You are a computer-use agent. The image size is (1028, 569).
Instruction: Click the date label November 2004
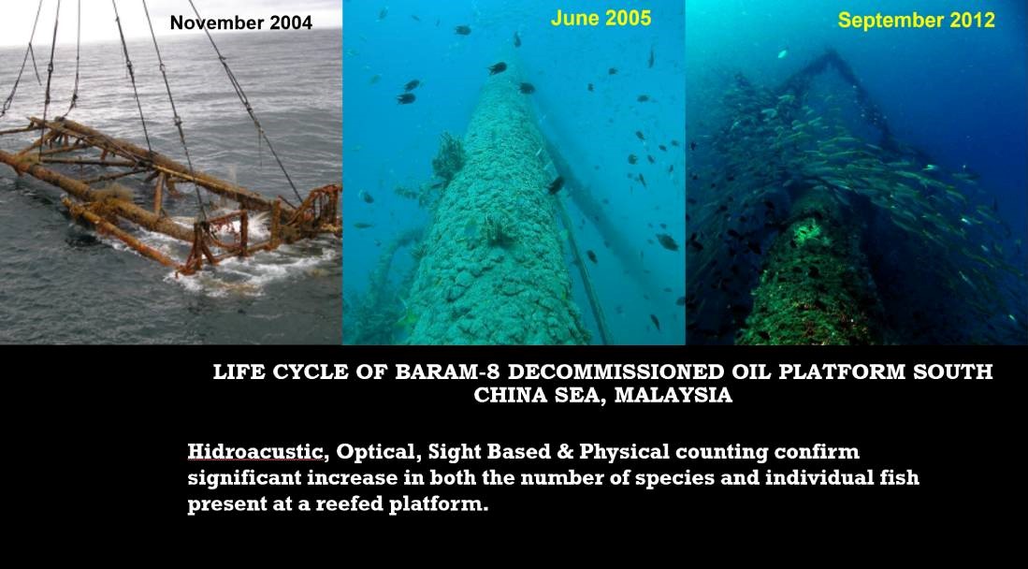tap(241, 23)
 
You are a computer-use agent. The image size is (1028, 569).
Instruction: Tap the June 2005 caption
tap(601, 19)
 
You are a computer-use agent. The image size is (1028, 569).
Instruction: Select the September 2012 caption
tap(917, 21)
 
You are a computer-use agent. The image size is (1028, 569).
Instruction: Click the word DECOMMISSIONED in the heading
tap(616, 372)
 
